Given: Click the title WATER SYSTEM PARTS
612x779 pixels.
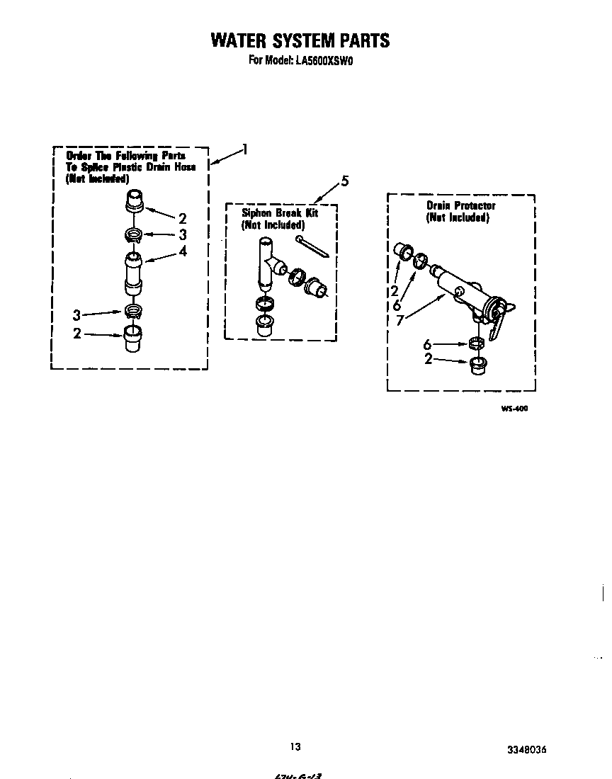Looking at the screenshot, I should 300,40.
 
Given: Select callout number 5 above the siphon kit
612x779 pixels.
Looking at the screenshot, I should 344,181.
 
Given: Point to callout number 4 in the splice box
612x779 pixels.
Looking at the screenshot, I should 183,251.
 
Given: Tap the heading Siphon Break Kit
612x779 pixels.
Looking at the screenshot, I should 280,212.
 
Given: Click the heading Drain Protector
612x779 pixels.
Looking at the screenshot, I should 460,205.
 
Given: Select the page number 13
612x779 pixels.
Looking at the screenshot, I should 295,746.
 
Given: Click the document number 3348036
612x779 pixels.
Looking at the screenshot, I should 526,749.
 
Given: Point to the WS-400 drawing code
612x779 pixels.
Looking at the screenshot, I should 514,409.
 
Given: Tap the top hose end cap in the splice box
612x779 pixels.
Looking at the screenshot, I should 134,200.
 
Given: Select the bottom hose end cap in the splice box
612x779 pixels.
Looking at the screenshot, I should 133,339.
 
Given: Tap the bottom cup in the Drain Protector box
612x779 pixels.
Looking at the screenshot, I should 480,366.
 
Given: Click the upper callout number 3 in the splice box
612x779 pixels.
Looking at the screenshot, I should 182,234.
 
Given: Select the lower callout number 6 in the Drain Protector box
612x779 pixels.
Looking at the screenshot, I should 427,345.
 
